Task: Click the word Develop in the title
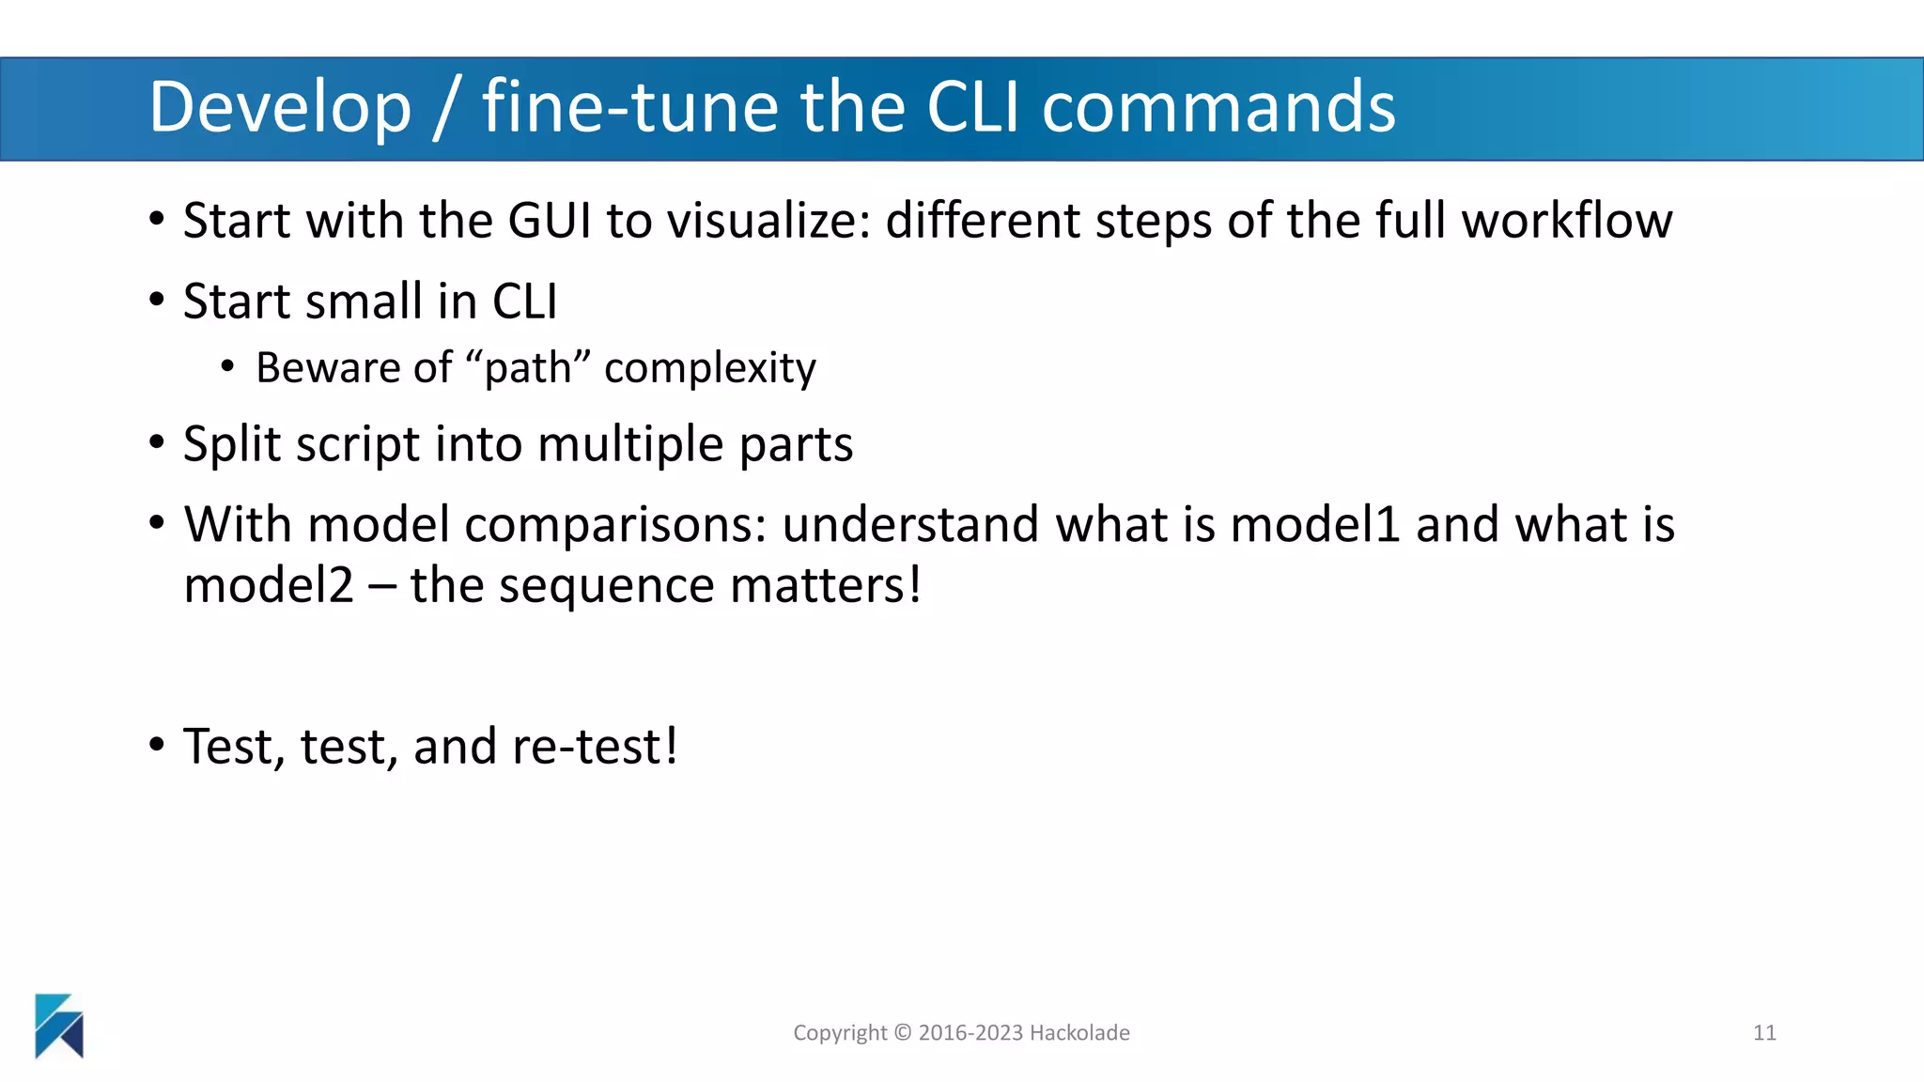click(x=280, y=108)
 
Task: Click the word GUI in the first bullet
click(x=550, y=221)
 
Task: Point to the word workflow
click(x=1567, y=221)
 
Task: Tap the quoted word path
click(x=528, y=367)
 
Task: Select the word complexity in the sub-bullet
click(x=710, y=367)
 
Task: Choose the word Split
click(x=232, y=444)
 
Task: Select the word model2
click(x=269, y=585)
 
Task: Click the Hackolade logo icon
click(x=59, y=1026)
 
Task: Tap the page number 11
click(x=1764, y=1033)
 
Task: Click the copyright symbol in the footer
click(x=903, y=1033)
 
